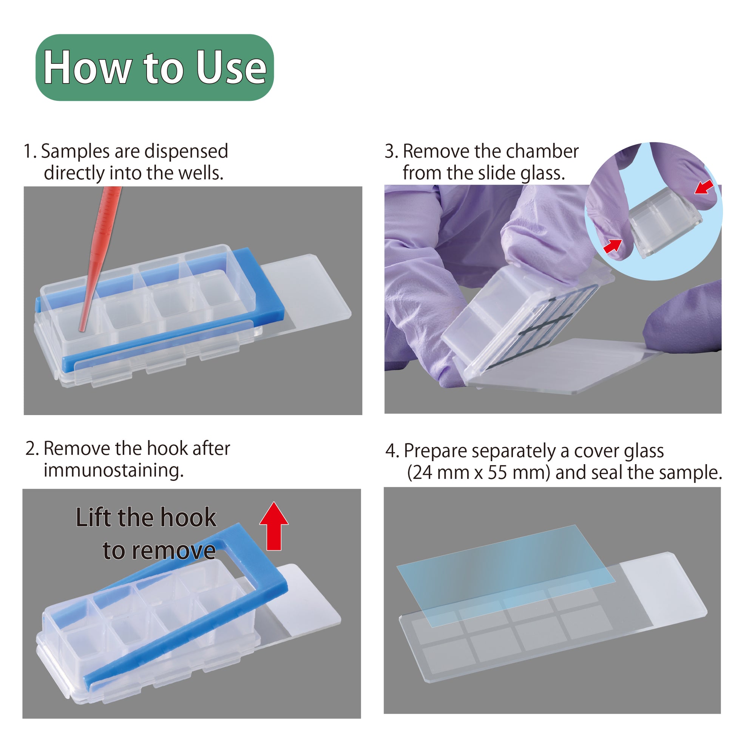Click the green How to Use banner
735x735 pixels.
click(154, 67)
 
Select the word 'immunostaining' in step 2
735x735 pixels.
click(113, 471)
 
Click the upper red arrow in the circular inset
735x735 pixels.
click(704, 187)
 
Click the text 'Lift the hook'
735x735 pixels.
click(146, 518)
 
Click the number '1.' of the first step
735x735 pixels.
click(30, 151)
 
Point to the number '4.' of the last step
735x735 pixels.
click(392, 451)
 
